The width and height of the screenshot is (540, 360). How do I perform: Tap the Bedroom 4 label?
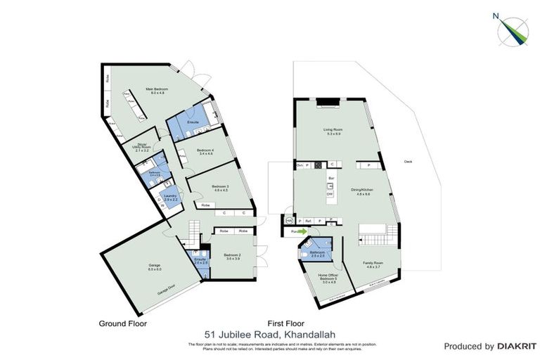point(205,152)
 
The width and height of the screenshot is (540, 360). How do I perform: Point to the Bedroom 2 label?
point(232,257)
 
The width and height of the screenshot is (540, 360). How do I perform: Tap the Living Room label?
point(333,131)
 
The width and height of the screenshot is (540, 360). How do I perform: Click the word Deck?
point(409,162)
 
